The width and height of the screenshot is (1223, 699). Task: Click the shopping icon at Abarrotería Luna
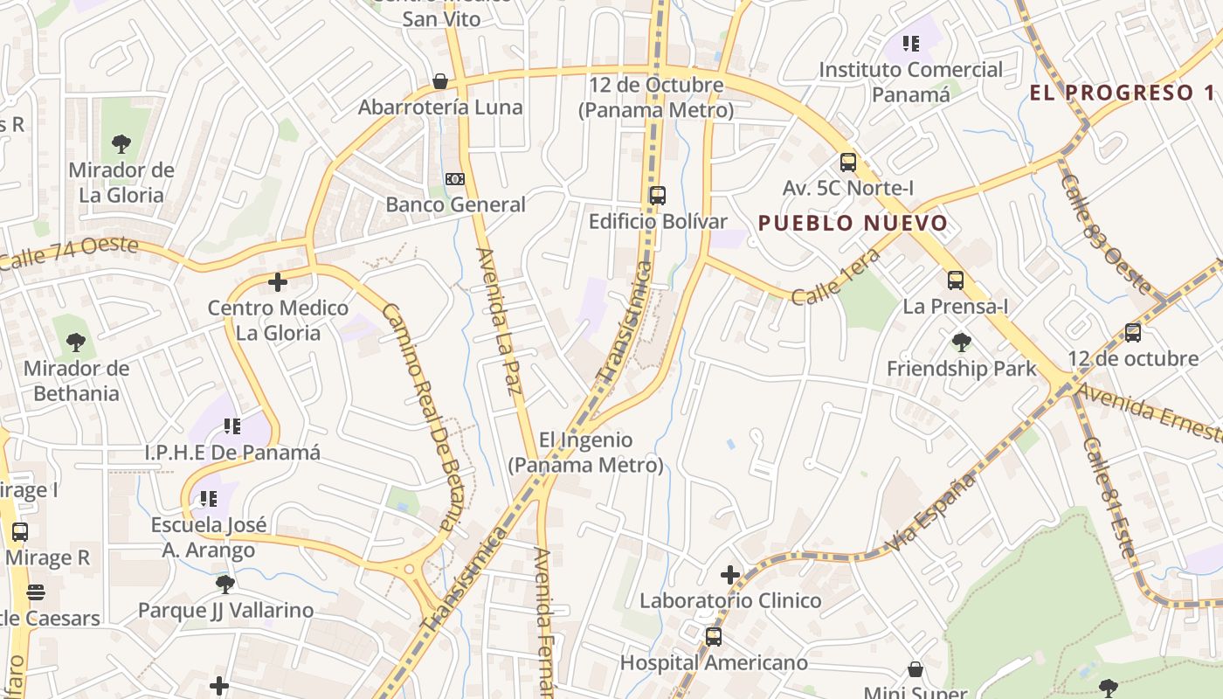(x=440, y=81)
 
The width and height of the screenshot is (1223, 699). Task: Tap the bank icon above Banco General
(x=455, y=179)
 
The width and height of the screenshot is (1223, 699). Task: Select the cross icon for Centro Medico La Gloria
(x=278, y=282)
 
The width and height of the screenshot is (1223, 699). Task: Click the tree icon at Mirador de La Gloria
(x=121, y=144)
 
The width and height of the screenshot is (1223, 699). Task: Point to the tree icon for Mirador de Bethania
(x=76, y=342)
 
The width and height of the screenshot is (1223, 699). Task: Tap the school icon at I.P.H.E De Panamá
(x=232, y=426)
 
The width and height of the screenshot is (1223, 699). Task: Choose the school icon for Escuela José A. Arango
(x=209, y=499)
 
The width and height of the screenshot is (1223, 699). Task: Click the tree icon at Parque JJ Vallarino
(x=225, y=584)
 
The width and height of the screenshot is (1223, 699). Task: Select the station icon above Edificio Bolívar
(x=658, y=196)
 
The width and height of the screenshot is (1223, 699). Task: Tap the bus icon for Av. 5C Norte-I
(x=847, y=162)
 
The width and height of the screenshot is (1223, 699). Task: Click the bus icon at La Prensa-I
(x=956, y=280)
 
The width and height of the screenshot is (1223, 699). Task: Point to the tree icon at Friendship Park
(x=962, y=342)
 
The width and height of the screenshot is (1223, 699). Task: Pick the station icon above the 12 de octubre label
(x=1133, y=332)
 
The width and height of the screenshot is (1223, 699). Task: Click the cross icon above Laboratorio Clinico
(x=730, y=575)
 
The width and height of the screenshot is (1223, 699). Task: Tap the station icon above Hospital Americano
(x=714, y=636)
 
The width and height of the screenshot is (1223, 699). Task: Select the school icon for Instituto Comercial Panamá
(x=911, y=43)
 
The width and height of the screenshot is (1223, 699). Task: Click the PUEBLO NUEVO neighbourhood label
(x=853, y=223)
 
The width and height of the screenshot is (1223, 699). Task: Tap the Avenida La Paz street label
(x=498, y=321)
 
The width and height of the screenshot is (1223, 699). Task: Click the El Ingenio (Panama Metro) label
(x=585, y=453)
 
